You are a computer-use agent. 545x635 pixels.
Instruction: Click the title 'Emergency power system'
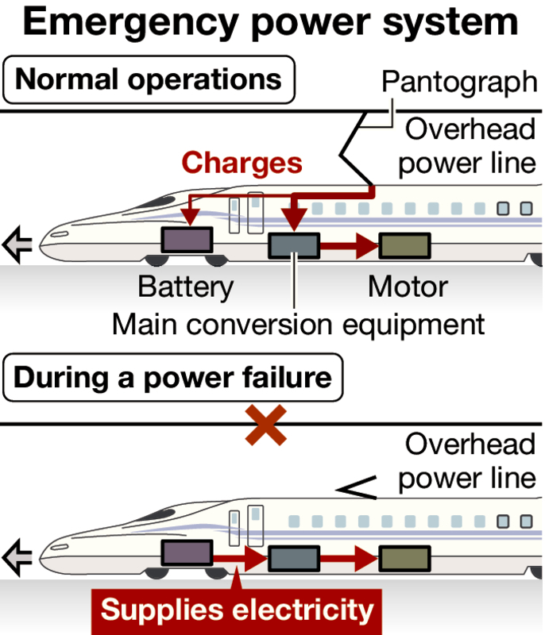271,24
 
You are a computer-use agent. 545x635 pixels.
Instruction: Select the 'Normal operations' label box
149,80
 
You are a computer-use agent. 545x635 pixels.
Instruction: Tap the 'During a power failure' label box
172,377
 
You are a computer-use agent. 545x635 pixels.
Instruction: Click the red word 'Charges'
242,163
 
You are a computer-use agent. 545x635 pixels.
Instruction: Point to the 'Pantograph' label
458,82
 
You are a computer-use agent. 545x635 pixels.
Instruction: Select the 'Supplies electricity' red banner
237,610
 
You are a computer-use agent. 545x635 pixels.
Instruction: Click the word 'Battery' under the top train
186,287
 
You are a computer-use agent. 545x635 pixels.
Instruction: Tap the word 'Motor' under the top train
408,287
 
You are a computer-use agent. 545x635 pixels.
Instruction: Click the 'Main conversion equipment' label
298,324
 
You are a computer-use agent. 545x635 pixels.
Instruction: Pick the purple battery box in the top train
187,239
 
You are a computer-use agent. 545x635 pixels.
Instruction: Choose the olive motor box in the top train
404,246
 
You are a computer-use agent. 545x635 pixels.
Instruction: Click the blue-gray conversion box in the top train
294,246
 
